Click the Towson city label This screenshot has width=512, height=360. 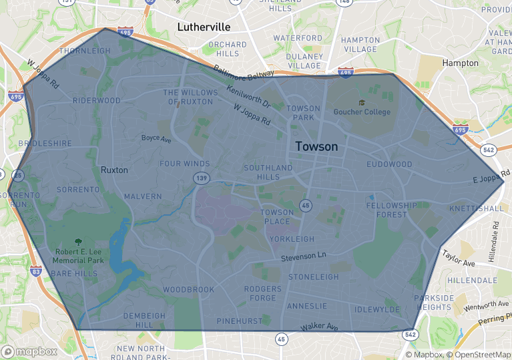tap(316, 146)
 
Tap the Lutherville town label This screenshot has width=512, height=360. tap(204, 27)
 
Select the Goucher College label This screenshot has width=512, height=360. tap(362, 112)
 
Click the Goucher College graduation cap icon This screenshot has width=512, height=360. tap(362, 102)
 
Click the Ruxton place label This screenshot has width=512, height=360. tap(113, 170)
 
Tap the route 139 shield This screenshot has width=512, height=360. tap(201, 178)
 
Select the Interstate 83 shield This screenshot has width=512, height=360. tap(36, 272)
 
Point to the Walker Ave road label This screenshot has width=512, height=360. tap(319, 327)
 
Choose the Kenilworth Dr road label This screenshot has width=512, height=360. tap(248, 97)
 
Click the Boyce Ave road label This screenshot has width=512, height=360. tap(156, 139)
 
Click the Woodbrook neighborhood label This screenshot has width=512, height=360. tap(189, 290)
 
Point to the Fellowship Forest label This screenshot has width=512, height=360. tap(391, 210)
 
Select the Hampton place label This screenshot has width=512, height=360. tap(460, 63)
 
